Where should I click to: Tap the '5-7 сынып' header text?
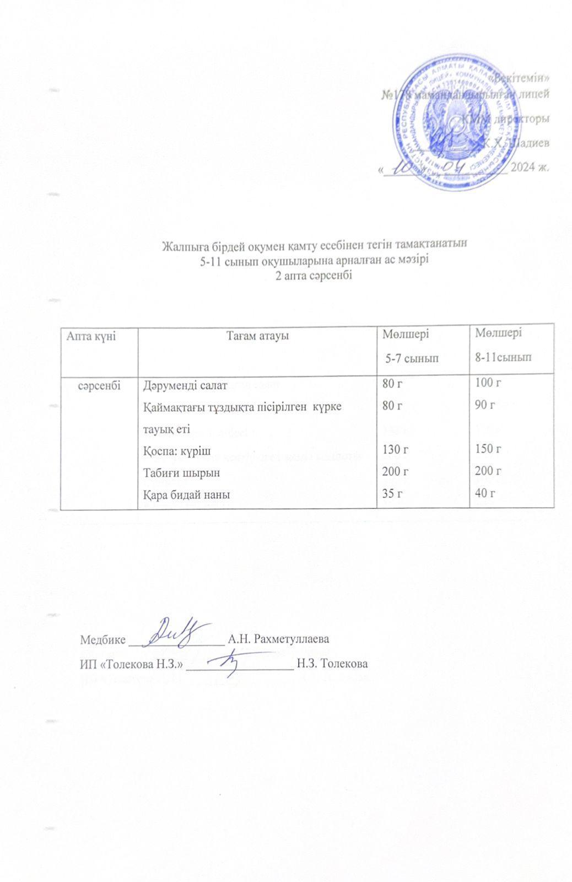coord(412,358)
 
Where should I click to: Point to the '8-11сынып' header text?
coord(504,357)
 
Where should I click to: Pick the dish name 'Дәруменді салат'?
coord(181,385)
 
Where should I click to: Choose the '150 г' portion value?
coord(487,450)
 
